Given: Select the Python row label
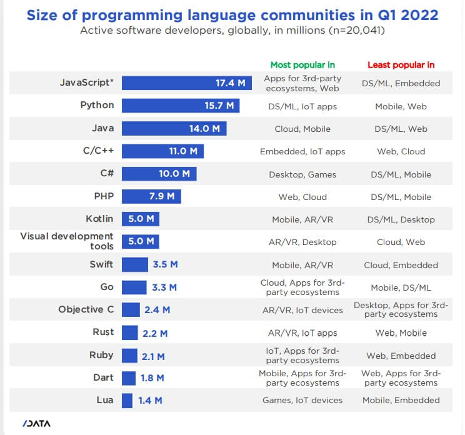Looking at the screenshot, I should (97, 105).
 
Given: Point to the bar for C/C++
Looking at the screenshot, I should (162, 151).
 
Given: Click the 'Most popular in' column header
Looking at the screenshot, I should (302, 64).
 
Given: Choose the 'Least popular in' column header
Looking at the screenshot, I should (401, 64).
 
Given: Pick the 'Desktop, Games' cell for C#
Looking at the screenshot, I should (302, 174).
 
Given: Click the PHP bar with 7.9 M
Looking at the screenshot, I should (151, 197).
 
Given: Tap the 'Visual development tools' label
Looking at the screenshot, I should (67, 241).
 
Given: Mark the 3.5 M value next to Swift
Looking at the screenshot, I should (165, 264).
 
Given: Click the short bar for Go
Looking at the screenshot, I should (134, 287).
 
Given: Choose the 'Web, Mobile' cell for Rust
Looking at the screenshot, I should (401, 333).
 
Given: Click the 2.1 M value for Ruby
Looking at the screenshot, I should (153, 356).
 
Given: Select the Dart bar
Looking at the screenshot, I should (129, 377).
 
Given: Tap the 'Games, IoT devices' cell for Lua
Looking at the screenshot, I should (302, 400).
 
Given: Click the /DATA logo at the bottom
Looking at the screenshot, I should (36, 423).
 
